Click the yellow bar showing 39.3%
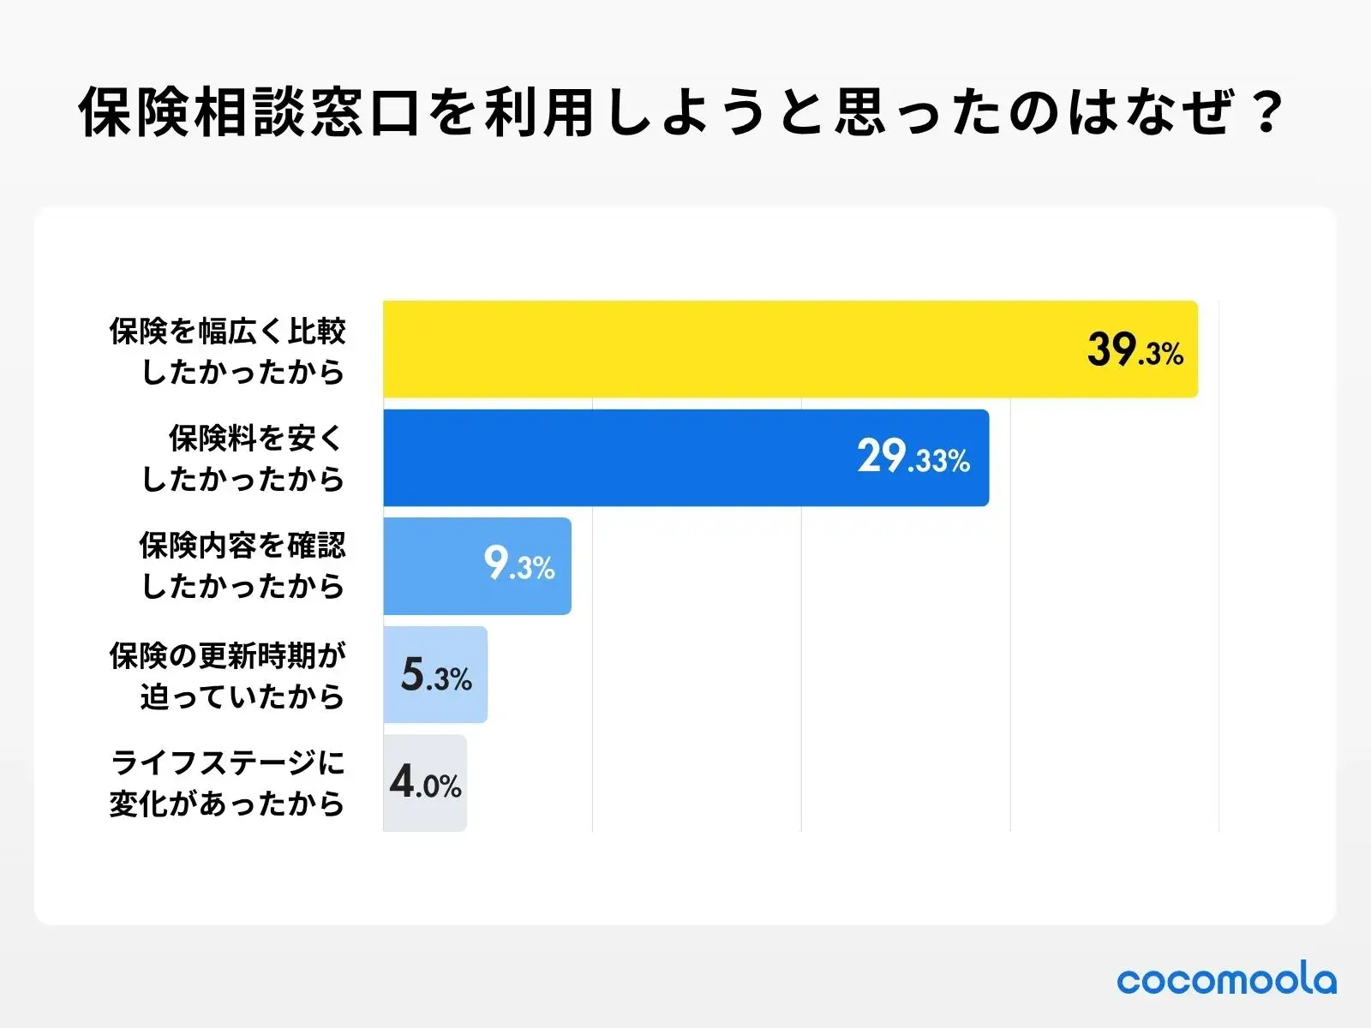[x=728, y=349]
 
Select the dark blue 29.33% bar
[x=617, y=457]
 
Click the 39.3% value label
[x=1135, y=350]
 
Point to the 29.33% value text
[x=913, y=457]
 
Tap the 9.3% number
[x=519, y=565]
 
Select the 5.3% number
[x=436, y=676]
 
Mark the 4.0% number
[x=425, y=782]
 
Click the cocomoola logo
[x=1226, y=979]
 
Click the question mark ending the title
[x=1266, y=111]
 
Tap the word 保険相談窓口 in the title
[x=249, y=112]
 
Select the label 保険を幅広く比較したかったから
[x=228, y=351]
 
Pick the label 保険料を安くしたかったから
[x=243, y=458]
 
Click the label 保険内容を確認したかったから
[x=242, y=565]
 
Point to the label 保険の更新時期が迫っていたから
[x=228, y=676]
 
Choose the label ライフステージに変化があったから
[x=228, y=783]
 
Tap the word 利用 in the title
[x=540, y=112]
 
